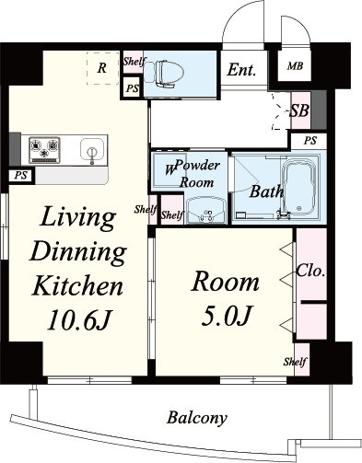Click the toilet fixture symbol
pyautogui.click(x=164, y=74)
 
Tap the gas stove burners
pyautogui.click(x=44, y=150)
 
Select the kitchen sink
pyautogui.click(x=91, y=149)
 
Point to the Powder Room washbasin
pyautogui.click(x=206, y=210)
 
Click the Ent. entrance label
pyautogui.click(x=241, y=70)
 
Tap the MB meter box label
pyautogui.click(x=295, y=66)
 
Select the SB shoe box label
pyautogui.click(x=299, y=110)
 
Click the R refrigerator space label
pyautogui.click(x=102, y=68)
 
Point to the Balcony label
pyautogui.click(x=197, y=418)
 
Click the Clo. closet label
pyautogui.click(x=310, y=271)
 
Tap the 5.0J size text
pyautogui.click(x=227, y=316)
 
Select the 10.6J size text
pyautogui.click(x=78, y=320)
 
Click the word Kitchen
pyautogui.click(x=77, y=285)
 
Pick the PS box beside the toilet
pyautogui.click(x=133, y=88)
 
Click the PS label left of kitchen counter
pyautogui.click(x=21, y=176)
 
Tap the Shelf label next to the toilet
pyautogui.click(x=134, y=62)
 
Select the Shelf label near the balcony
pyautogui.click(x=295, y=362)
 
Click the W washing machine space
pyautogui.click(x=169, y=169)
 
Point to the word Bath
pyautogui.click(x=266, y=191)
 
